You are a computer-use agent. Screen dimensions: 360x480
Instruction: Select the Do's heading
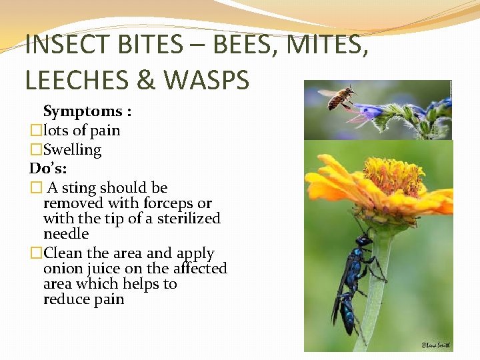(x=47, y=169)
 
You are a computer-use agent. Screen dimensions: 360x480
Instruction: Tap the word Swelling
(x=72, y=150)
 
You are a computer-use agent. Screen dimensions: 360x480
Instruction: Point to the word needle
(x=66, y=234)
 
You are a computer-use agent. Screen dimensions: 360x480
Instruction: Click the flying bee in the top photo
(x=338, y=97)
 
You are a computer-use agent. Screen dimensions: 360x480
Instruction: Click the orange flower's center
(x=393, y=177)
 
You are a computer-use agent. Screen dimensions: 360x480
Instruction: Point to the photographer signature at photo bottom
(x=435, y=345)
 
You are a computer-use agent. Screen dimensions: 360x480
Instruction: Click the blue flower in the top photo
(x=371, y=109)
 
